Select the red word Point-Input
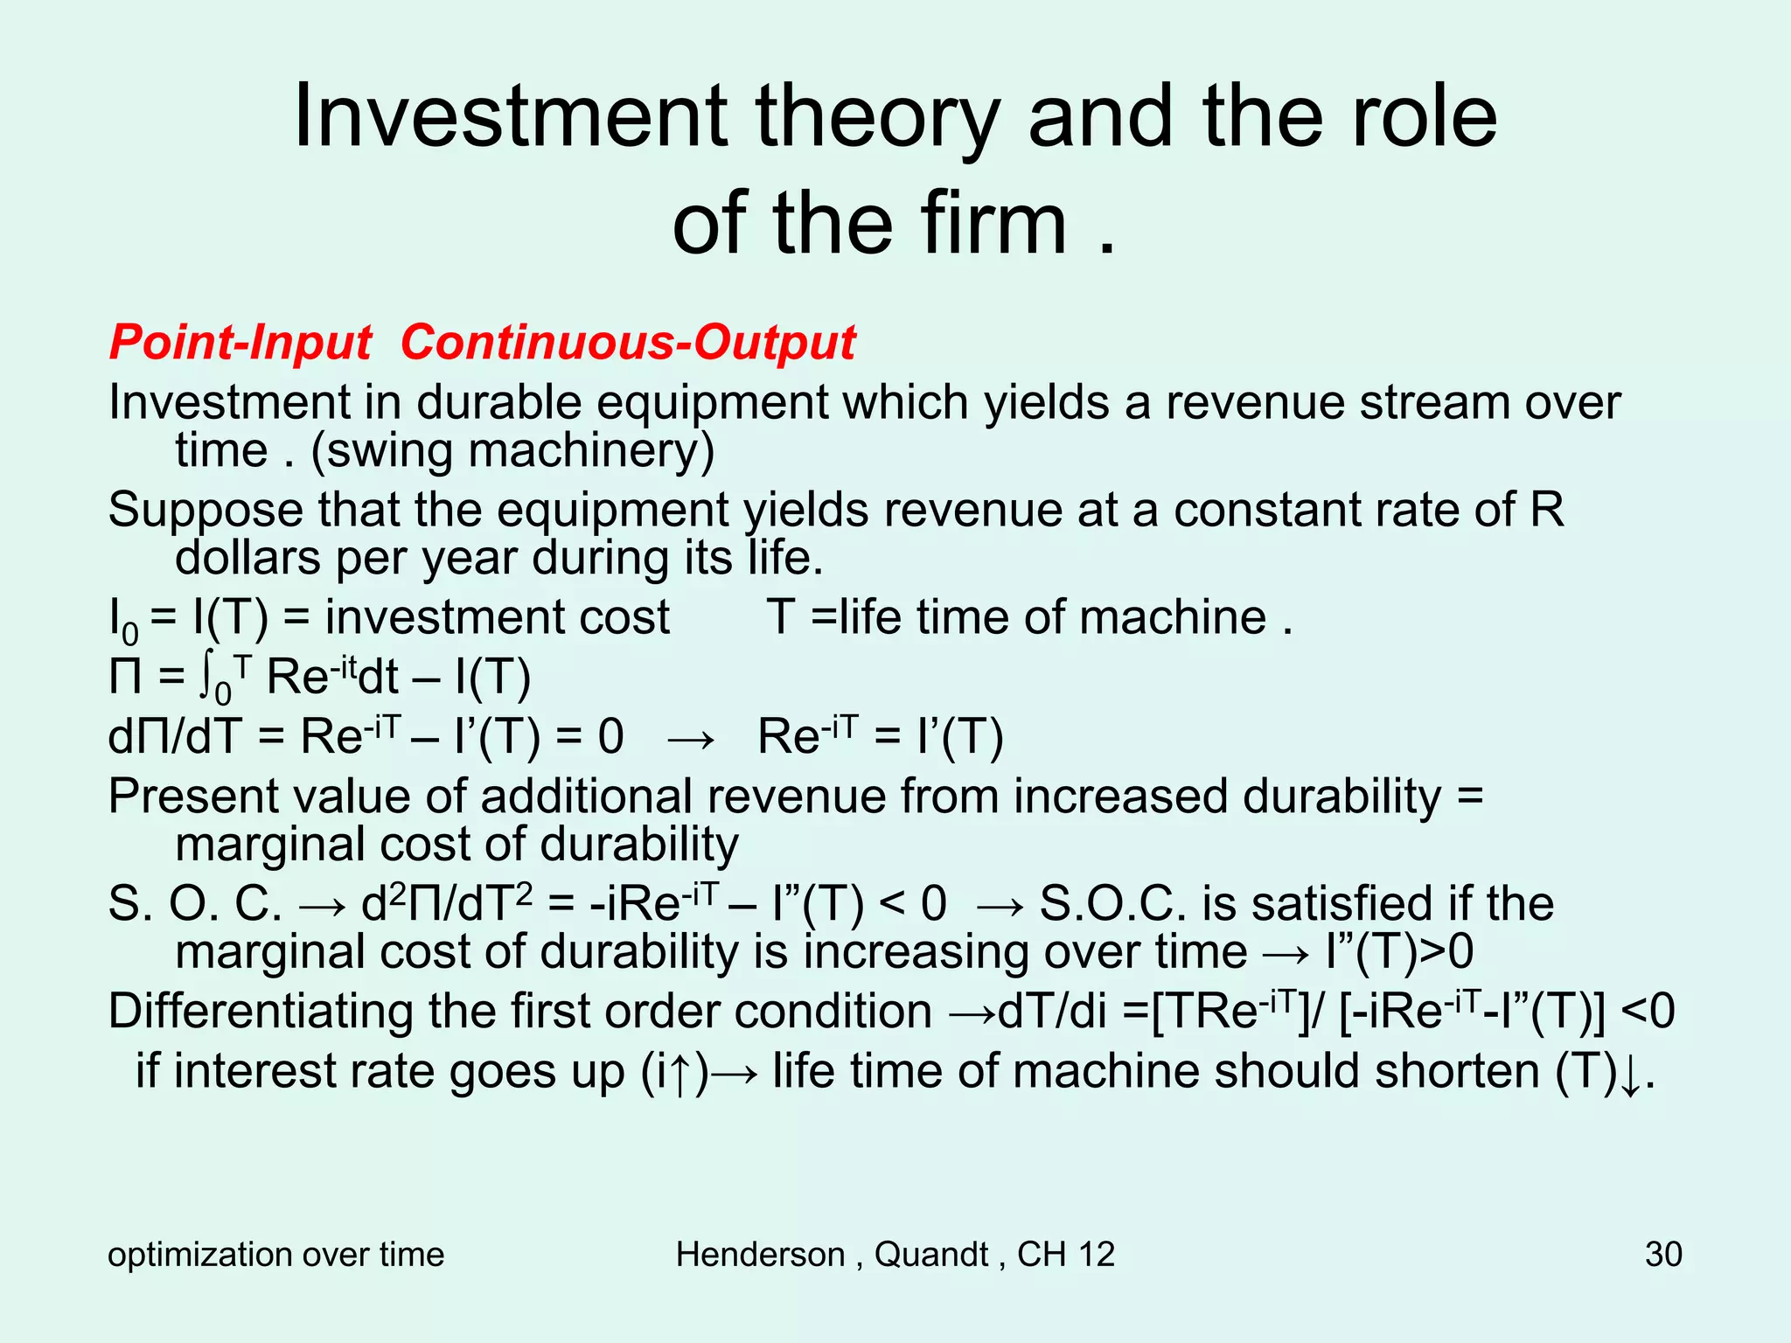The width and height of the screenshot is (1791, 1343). pyautogui.click(x=240, y=342)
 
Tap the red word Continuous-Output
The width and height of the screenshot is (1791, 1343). pyautogui.click(x=628, y=342)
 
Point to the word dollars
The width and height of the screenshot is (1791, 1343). pyautogui.click(x=247, y=558)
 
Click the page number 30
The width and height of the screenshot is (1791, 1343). pyautogui.click(x=1662, y=1254)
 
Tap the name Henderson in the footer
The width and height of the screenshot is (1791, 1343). pyautogui.click(x=760, y=1254)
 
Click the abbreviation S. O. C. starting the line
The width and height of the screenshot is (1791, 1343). pyautogui.click(x=195, y=904)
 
